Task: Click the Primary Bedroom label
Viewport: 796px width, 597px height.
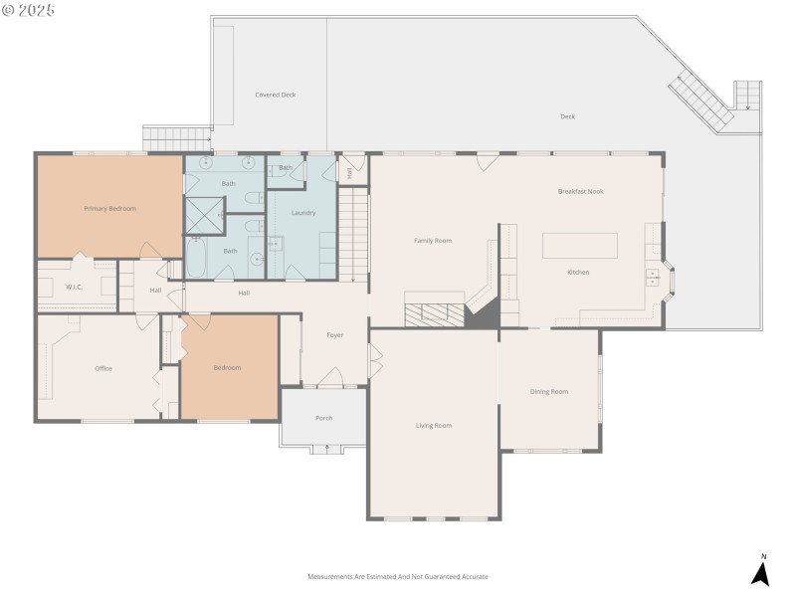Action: (x=109, y=209)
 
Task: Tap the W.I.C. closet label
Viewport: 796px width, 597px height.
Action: (x=74, y=288)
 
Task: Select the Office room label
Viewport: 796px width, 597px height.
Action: (x=103, y=368)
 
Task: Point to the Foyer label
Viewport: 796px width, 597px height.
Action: (x=335, y=335)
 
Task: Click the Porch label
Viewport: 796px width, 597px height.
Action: (x=324, y=418)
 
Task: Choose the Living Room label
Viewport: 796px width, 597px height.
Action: (x=434, y=426)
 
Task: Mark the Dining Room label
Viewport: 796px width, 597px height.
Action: (x=549, y=392)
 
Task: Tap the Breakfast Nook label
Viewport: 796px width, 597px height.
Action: (x=581, y=191)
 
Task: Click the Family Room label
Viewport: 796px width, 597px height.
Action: (x=433, y=241)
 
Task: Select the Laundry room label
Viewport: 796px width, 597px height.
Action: (x=303, y=213)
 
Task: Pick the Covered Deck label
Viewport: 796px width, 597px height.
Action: (x=276, y=96)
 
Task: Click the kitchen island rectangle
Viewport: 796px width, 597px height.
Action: (x=579, y=245)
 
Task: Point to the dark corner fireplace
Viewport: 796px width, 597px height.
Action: (x=483, y=313)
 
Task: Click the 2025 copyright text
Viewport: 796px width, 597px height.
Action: (x=29, y=10)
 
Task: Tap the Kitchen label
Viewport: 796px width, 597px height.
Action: (x=578, y=273)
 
